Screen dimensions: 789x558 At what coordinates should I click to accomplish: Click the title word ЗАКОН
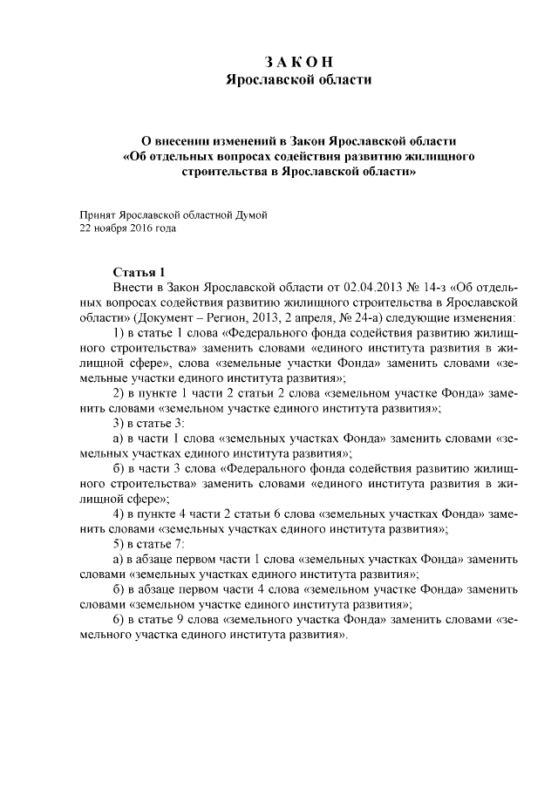299,62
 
